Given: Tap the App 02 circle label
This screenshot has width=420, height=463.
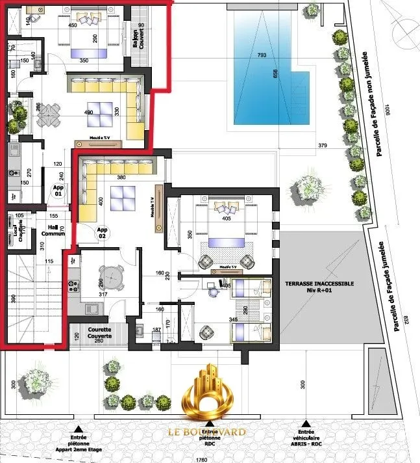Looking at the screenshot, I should point(102,233).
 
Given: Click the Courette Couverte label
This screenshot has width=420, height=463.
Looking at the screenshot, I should point(99,333).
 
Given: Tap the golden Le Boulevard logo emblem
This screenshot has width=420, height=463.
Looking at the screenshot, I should point(209,394).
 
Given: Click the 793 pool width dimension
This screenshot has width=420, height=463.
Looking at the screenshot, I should point(262,55).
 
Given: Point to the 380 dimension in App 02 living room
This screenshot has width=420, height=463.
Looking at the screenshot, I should point(120,177).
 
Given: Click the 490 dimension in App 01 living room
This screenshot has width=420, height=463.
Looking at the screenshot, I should point(89,112).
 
